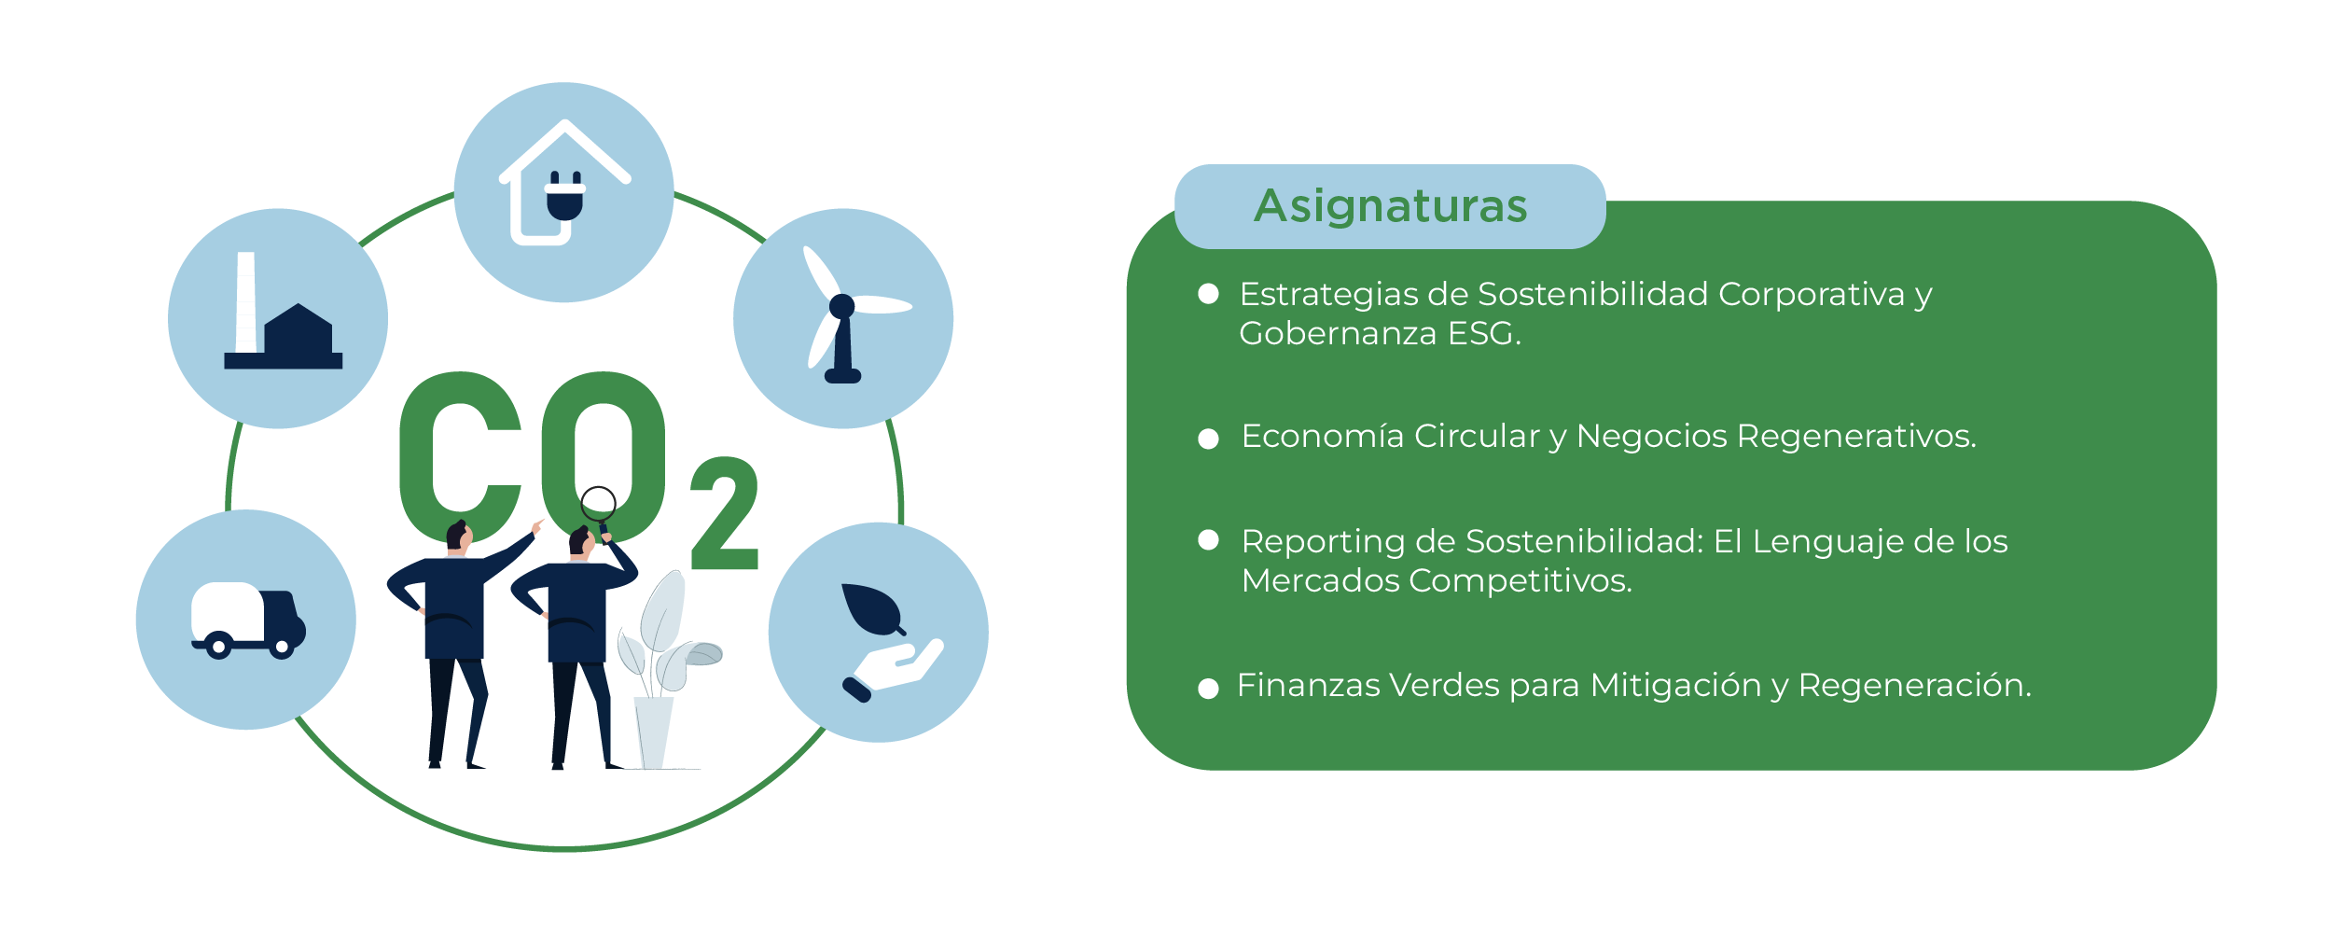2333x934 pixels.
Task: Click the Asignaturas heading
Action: [x=1390, y=206]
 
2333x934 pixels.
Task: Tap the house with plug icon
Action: [x=564, y=187]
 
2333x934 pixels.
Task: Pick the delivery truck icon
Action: [x=248, y=620]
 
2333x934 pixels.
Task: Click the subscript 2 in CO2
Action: [x=725, y=513]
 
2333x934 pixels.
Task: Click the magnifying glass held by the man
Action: [x=598, y=505]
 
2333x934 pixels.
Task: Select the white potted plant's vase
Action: [x=653, y=732]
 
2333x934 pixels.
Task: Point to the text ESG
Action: [x=1483, y=334]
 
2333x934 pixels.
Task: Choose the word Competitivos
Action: [x=1521, y=581]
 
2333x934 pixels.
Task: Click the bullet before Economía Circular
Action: [x=1208, y=439]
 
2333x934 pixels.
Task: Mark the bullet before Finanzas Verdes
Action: [x=1208, y=689]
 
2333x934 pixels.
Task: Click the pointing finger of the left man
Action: [x=538, y=524]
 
